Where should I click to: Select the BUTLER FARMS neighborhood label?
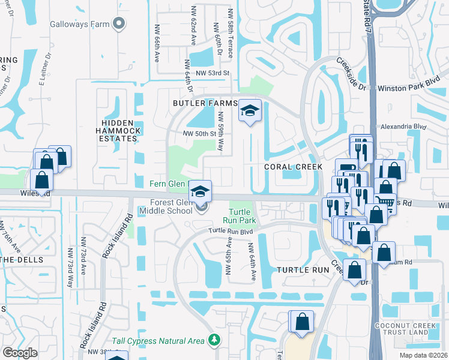click(x=205, y=103)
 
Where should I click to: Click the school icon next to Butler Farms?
click(x=250, y=111)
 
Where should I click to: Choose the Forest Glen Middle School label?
click(x=166, y=206)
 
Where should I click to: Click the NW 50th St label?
click(x=199, y=133)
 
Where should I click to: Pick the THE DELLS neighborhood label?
click(x=22, y=259)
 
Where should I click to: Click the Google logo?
click(x=20, y=353)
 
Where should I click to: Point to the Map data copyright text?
click(x=423, y=355)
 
